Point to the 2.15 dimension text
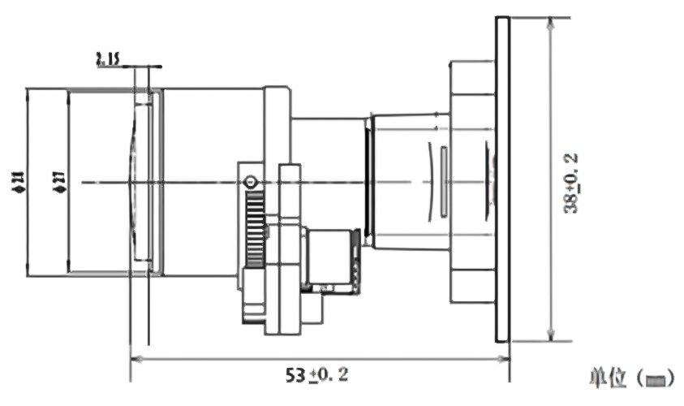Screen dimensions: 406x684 coord(107,58)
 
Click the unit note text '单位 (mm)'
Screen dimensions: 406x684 coord(629,378)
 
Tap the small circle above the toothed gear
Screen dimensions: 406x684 coord(251,182)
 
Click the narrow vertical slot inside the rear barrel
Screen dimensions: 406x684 coord(443,182)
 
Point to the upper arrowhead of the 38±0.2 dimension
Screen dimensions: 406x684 coord(551,21)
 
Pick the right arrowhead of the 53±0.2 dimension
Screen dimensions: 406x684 coord(504,357)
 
